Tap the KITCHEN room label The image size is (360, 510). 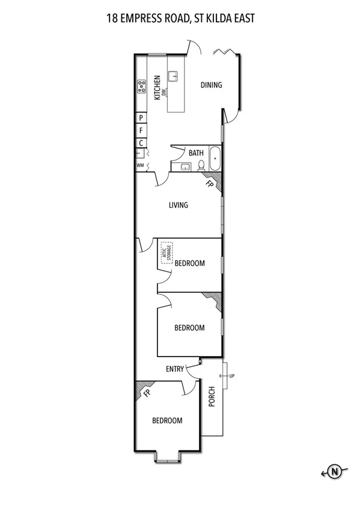tap(157, 87)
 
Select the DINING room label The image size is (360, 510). tap(211, 85)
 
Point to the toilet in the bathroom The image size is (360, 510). tap(201, 165)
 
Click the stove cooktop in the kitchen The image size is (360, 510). tap(142, 87)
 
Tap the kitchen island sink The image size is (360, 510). tap(173, 76)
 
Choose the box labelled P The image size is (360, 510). tap(141, 118)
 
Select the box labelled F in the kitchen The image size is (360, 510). tap(141, 130)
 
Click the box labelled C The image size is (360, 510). tap(141, 143)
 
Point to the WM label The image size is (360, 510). tap(140, 165)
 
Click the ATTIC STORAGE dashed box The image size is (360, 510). tap(166, 251)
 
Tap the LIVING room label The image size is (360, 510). tap(178, 205)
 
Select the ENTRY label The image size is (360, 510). tap(174, 369)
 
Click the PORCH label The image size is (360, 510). tap(212, 396)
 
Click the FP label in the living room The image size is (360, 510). tap(209, 184)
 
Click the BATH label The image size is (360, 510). tap(196, 153)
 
